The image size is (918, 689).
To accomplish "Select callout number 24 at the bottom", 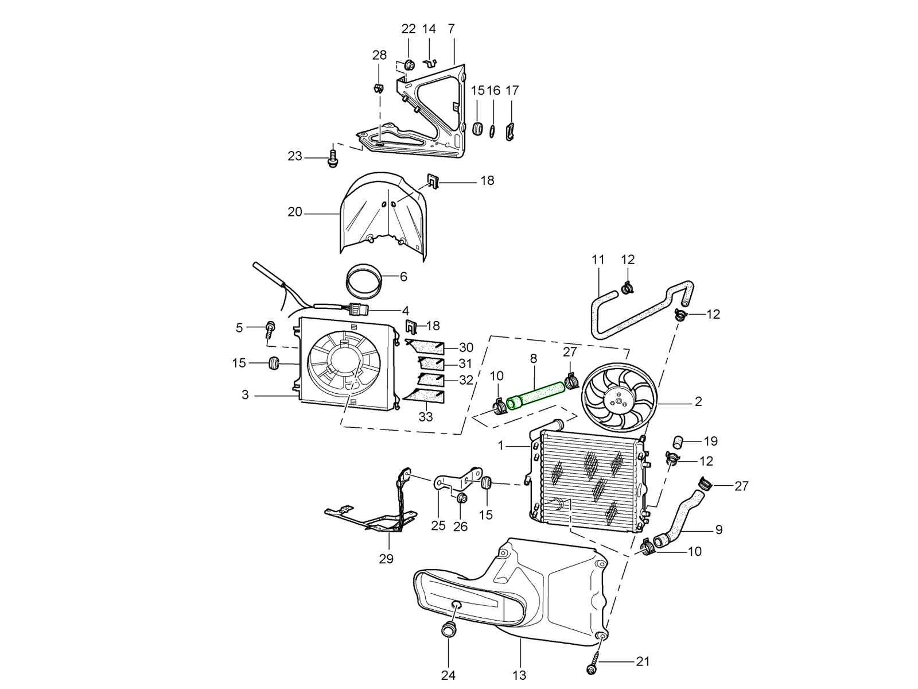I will click(448, 675).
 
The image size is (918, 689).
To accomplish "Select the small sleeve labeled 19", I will click(677, 442).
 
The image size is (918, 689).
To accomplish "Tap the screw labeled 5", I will click(270, 328).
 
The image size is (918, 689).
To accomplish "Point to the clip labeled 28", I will click(378, 89).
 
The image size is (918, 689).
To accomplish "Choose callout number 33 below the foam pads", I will click(425, 417).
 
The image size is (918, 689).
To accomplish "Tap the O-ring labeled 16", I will click(492, 131).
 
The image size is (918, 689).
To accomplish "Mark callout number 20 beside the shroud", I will click(294, 212).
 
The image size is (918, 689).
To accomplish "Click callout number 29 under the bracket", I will click(386, 558).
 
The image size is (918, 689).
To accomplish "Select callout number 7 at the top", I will click(451, 29).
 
